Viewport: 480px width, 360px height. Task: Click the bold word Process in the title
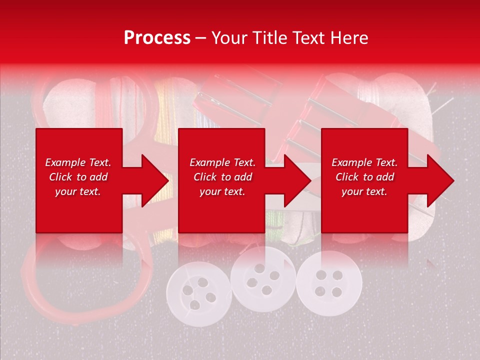157,38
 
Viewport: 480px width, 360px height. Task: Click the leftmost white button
198,292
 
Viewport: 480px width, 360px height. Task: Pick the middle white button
262,278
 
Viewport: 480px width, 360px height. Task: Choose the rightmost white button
328,283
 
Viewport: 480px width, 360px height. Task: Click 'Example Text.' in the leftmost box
78,162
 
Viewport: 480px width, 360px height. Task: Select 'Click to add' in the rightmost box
365,177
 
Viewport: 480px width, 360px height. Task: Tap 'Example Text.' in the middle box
222,162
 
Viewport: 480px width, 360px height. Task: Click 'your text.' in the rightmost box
364,191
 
